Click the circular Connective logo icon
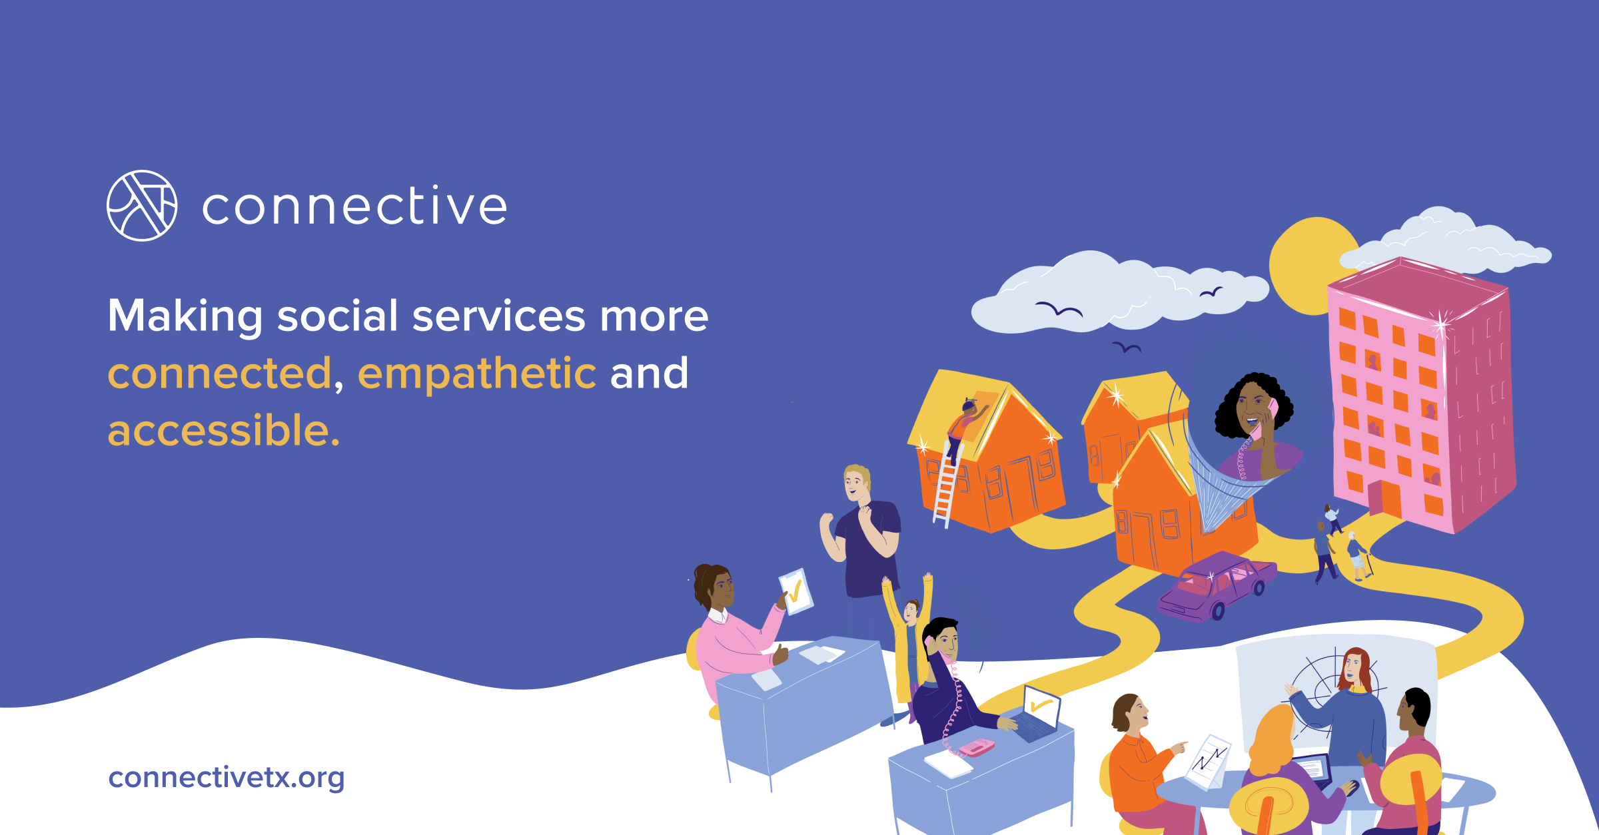tap(142, 206)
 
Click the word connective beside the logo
tap(354, 206)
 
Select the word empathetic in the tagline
tap(477, 373)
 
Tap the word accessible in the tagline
tap(223, 430)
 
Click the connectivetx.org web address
tap(227, 777)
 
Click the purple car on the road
tap(1216, 586)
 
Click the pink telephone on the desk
tap(976, 748)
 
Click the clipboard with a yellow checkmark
tap(796, 591)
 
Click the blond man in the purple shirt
tap(863, 533)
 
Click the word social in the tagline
tap(337, 316)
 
